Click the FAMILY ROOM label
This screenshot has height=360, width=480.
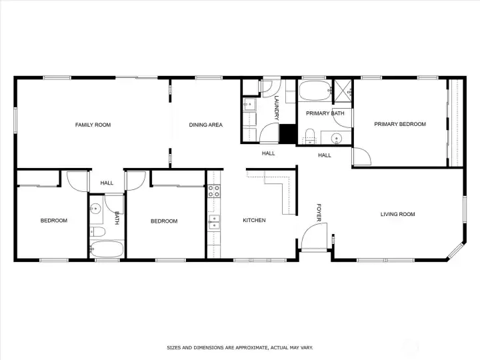(93, 125)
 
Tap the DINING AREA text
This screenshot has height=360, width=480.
(205, 125)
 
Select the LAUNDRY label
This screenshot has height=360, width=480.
(276, 107)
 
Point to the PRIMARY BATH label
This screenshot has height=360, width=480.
(325, 113)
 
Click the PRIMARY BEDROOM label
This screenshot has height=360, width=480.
(399, 124)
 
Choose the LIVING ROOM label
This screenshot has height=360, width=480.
(397, 214)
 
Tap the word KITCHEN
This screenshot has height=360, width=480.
(254, 220)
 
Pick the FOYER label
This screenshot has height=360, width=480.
(319, 213)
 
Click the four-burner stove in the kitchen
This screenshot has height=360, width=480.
(214, 192)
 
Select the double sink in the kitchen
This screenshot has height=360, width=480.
(214, 222)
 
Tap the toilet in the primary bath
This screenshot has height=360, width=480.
(309, 139)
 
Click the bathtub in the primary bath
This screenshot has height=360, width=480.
(314, 91)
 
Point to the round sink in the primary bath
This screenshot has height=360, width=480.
(337, 139)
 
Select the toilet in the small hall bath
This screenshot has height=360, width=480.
(97, 232)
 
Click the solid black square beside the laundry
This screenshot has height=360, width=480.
(287, 133)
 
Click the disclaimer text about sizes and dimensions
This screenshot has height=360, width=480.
(239, 347)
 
